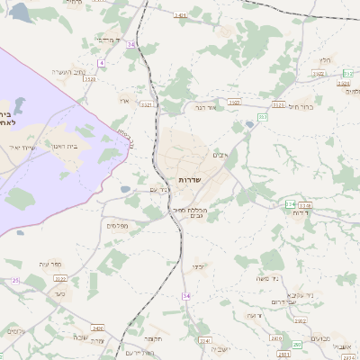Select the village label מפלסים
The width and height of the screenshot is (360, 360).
[x=116, y=225]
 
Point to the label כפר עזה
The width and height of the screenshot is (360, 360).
[x=50, y=264]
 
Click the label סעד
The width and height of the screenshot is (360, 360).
[x=59, y=292]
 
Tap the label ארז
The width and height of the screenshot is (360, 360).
[x=124, y=101]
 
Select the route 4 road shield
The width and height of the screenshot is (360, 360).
[x=102, y=62]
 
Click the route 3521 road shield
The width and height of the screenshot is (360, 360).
[x=146, y=104]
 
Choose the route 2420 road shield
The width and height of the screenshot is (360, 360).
[x=97, y=328]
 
